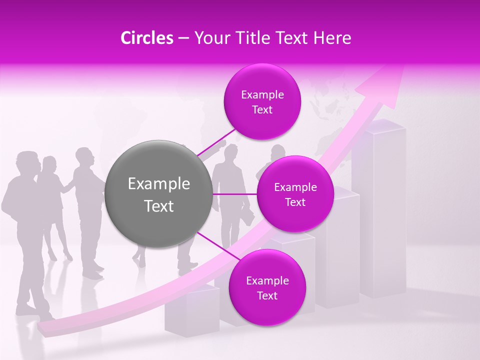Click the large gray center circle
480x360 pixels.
click(x=159, y=194)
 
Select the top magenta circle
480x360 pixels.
click(x=262, y=102)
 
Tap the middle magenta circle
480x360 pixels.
click(x=295, y=194)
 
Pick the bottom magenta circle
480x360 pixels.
click(x=267, y=288)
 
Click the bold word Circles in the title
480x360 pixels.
click(x=146, y=38)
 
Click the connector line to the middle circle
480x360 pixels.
click(x=235, y=194)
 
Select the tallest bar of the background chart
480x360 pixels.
click(x=382, y=210)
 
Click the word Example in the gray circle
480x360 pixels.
click(x=159, y=184)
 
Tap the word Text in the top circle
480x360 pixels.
click(x=262, y=110)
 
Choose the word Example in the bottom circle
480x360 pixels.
click(x=267, y=281)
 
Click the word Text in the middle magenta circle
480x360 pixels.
click(x=295, y=202)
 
